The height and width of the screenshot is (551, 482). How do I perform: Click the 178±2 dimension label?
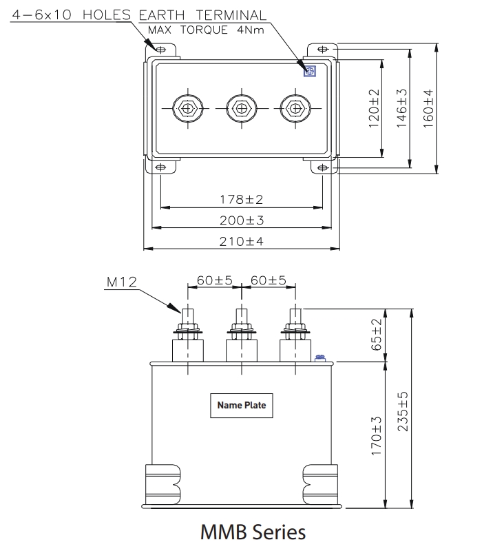coord(241,200)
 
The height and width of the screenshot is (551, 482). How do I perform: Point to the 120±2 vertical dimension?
coord(375,107)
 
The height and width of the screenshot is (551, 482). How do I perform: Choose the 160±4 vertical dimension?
coord(429,107)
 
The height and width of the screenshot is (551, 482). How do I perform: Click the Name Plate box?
coord(241,405)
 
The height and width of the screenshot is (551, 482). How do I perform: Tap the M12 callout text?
coord(122,282)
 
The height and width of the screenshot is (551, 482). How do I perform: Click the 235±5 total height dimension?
coord(403,412)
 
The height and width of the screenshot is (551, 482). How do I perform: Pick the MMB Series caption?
coord(252,532)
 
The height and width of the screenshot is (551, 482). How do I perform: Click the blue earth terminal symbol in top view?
coord(309,70)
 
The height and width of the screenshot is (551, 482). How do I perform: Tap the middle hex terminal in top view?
coord(241,108)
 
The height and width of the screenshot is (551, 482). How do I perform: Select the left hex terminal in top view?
coord(187,108)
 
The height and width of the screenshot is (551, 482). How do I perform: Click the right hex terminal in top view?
coord(295,108)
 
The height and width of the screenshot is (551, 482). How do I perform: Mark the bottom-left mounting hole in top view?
coord(160,167)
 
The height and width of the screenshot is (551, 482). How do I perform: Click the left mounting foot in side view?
coord(162,485)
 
